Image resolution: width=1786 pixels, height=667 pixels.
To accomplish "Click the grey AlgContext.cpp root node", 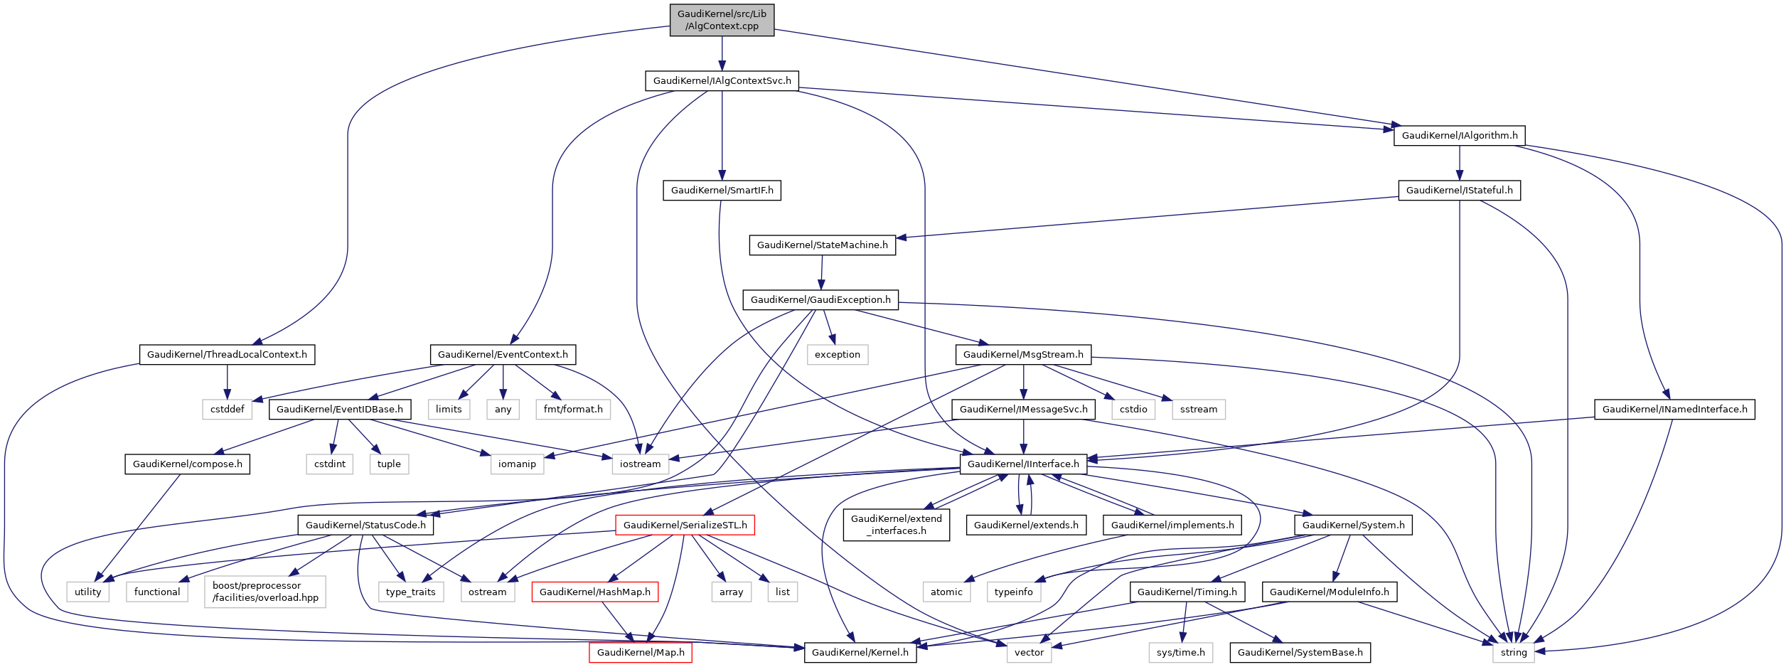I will [722, 20].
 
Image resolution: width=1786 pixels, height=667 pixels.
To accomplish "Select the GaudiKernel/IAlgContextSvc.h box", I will [722, 81].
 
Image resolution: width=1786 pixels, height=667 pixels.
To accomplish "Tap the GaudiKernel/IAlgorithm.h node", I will [1459, 136].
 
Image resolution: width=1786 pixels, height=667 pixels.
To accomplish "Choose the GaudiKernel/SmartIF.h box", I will [722, 191].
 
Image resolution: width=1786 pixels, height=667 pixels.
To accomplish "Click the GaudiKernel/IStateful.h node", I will [1459, 191].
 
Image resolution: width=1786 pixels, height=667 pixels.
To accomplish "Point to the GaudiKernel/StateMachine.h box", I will [822, 245].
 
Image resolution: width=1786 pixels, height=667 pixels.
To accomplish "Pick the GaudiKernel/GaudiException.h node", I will [820, 300].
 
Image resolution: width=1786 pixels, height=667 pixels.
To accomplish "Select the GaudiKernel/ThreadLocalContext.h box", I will [227, 355].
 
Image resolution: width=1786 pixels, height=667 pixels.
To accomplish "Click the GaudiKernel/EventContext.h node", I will [503, 355].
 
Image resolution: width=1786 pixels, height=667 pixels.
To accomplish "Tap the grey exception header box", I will [837, 355].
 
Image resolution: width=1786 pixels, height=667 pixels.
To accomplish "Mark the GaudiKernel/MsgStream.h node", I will [1023, 355].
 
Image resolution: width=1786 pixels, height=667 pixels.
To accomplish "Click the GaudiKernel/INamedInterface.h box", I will [1674, 410].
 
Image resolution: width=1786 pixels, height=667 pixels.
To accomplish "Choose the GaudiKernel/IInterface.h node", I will [1023, 464].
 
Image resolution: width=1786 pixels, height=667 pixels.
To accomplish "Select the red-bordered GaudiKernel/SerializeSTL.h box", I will [685, 525].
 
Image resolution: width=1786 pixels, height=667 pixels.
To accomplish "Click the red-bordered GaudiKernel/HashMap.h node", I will [594, 592].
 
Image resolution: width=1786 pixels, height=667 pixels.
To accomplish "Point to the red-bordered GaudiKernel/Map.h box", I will [640, 653].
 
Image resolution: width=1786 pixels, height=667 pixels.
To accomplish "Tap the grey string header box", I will [1513, 653].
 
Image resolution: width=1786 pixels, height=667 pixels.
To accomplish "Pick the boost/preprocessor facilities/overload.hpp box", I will [265, 592].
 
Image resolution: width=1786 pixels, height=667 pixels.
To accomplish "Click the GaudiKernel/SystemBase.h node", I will [1300, 653].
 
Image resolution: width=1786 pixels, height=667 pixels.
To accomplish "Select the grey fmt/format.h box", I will [572, 410].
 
